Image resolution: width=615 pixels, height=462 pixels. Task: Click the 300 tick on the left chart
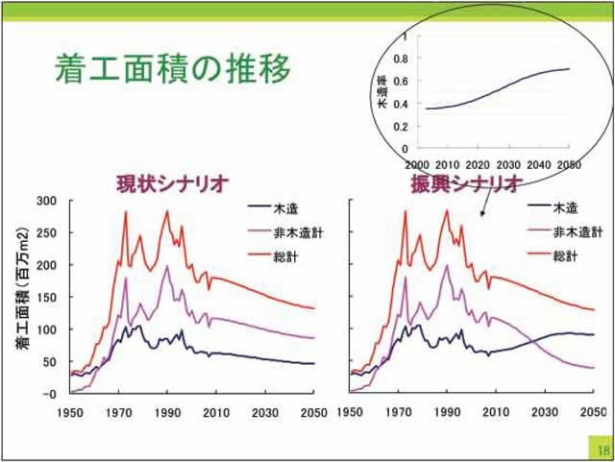[x=47, y=201]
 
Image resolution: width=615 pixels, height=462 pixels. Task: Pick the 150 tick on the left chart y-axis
[x=47, y=297]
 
